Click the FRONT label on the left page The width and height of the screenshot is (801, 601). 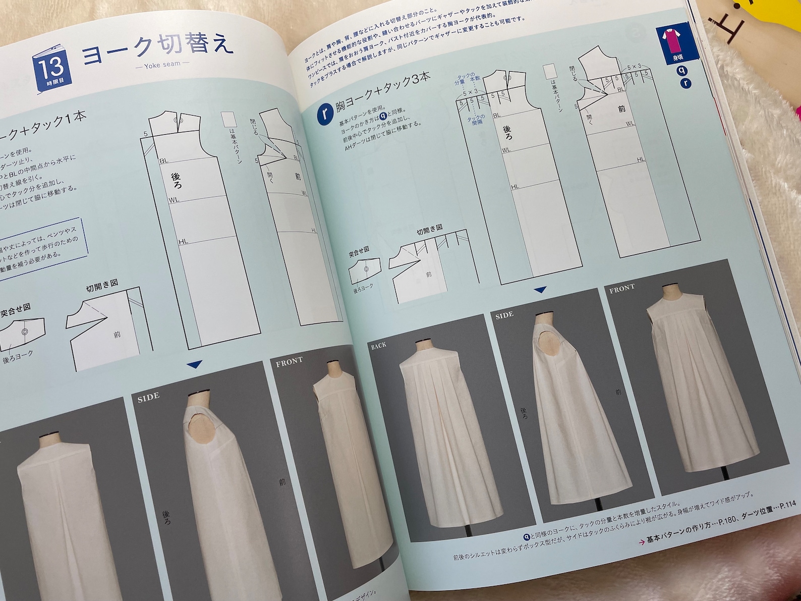(290, 360)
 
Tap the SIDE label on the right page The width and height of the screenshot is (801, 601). (504, 314)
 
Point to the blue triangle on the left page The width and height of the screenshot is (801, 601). (194, 363)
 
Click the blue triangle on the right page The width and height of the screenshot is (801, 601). (541, 290)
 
